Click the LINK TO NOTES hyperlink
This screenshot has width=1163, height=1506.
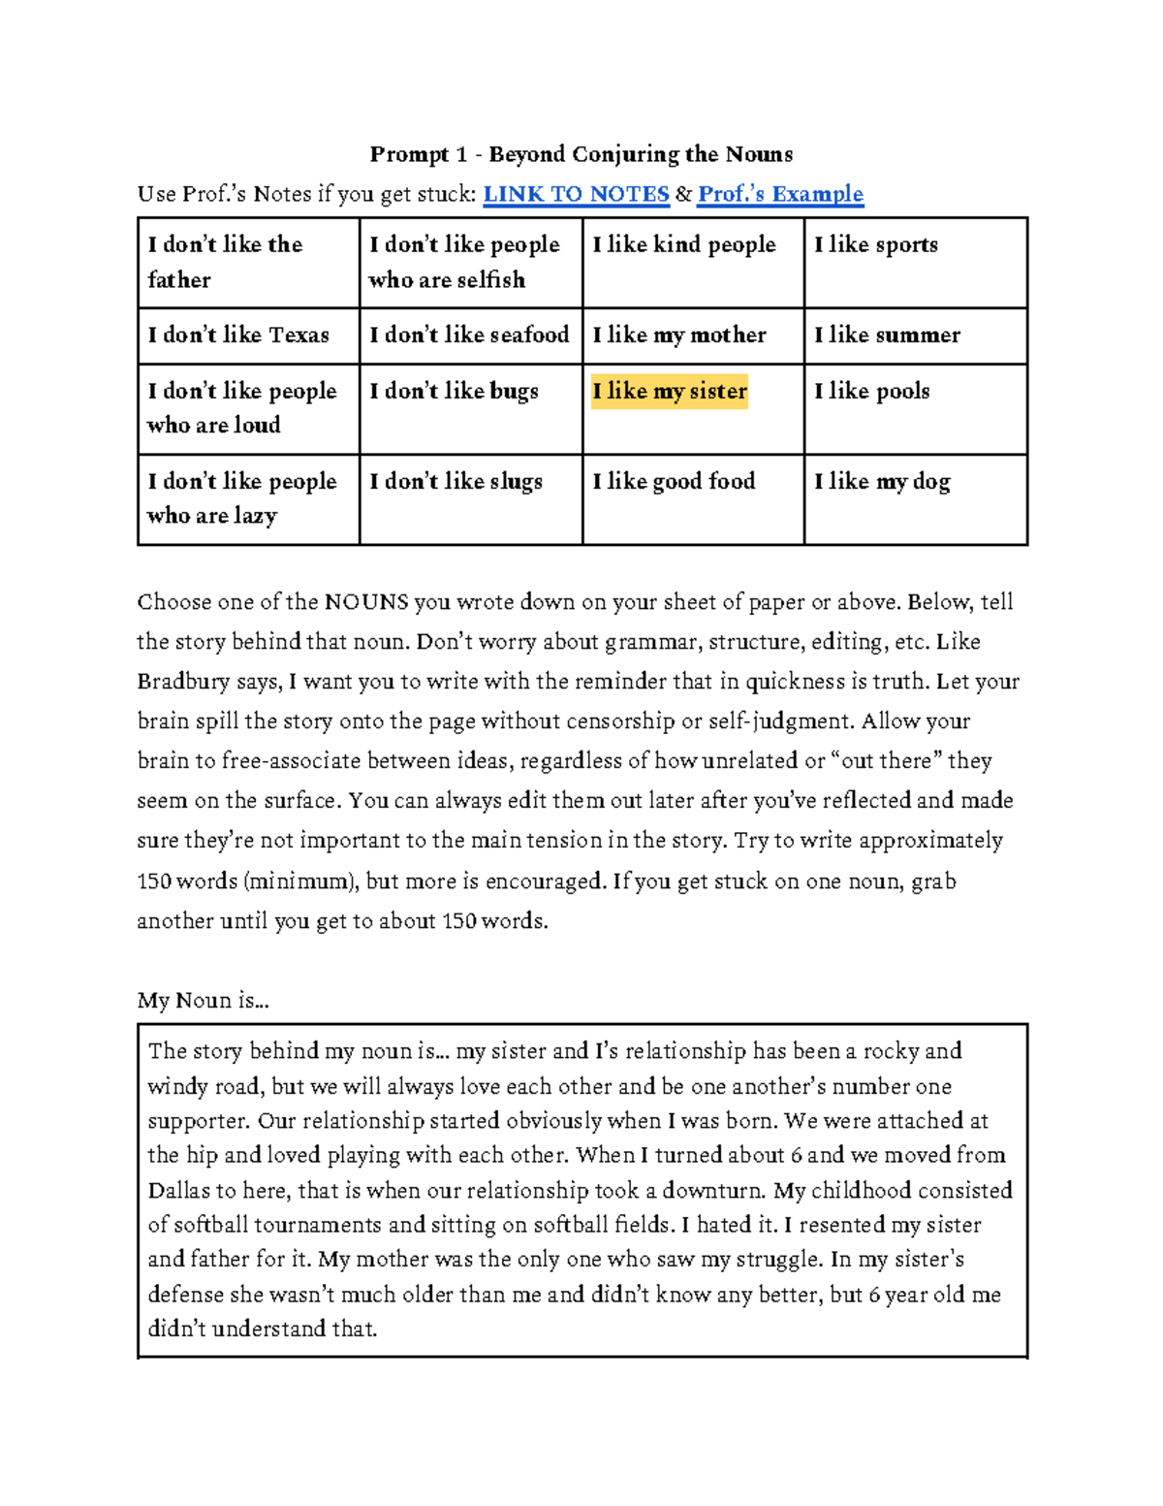point(576,194)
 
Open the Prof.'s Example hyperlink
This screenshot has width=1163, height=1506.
point(780,194)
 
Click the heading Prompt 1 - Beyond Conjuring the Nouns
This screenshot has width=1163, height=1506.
point(581,154)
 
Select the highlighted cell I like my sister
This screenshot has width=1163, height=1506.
point(670,391)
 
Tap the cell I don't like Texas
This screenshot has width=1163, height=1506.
point(238,335)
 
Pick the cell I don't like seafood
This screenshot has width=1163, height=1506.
point(469,335)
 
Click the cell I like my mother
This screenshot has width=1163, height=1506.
point(679,335)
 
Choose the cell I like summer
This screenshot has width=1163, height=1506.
point(887,335)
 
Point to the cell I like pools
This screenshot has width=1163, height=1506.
point(872,391)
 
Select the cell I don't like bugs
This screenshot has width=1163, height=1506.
point(454,391)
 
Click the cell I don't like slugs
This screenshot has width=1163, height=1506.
point(456,481)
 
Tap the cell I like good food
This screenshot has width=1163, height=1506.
point(674,481)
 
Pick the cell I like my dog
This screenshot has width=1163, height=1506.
point(882,481)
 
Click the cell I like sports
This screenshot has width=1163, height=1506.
point(876,244)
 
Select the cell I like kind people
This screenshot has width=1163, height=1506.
point(684,244)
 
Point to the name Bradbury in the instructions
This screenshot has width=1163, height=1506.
point(183,682)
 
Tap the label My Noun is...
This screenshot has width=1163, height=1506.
point(203,1001)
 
